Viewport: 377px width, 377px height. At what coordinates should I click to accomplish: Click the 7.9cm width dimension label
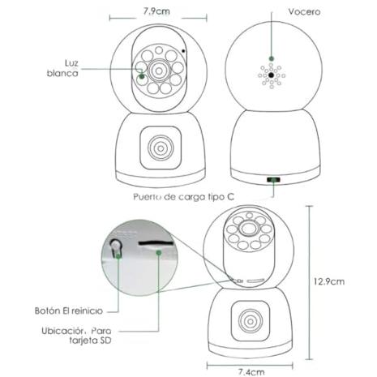156,11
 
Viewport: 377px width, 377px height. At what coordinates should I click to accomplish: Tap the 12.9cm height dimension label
329,281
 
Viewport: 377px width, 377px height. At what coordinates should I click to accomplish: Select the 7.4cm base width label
251,372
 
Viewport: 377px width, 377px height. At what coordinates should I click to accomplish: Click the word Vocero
304,11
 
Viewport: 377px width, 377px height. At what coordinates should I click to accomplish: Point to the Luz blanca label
62,68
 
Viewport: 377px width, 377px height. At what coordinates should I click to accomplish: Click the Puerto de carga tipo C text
183,197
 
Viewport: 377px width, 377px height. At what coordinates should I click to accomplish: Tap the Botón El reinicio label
69,311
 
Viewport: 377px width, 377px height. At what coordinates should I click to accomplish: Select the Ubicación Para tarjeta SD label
76,336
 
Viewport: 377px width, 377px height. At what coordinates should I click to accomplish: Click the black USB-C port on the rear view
273,180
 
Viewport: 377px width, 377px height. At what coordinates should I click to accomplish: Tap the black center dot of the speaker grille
272,75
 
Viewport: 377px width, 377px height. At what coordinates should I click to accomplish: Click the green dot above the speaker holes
272,58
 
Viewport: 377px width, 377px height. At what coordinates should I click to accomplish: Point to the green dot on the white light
142,76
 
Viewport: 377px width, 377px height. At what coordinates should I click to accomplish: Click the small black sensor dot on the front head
183,51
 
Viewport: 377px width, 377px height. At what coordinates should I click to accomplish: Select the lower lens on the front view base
161,148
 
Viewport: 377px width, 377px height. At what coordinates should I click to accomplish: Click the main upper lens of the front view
159,71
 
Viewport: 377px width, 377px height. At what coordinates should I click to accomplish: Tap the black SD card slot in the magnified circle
156,243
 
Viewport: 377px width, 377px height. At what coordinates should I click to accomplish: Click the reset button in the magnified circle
116,246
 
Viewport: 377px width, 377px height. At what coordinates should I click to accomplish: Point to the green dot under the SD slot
159,253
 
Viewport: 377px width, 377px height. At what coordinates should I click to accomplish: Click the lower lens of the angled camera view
251,321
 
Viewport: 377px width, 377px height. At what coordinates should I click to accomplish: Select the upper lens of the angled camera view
248,228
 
